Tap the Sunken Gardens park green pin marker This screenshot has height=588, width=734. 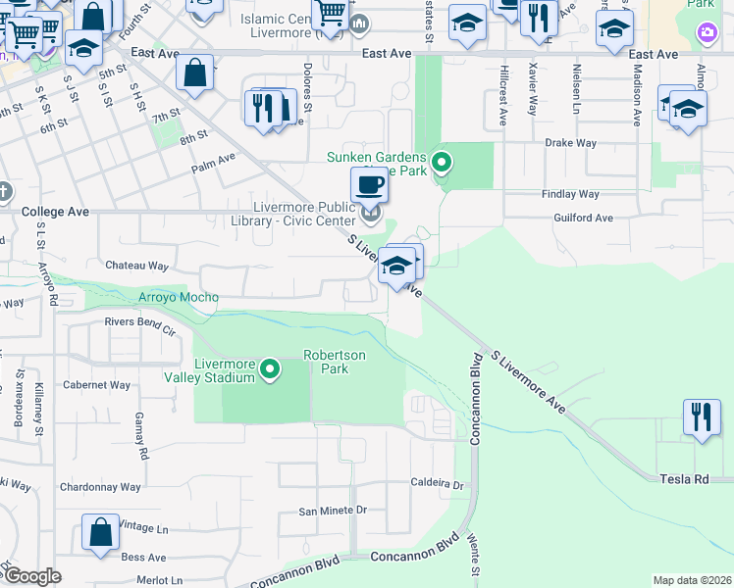(x=442, y=162)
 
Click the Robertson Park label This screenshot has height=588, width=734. (x=334, y=362)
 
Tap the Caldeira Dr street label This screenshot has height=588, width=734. (x=437, y=484)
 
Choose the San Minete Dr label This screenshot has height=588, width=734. (x=333, y=511)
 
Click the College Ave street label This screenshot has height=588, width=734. (x=55, y=211)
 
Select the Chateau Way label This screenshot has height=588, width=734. (x=137, y=266)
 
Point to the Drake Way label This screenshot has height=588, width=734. (x=571, y=143)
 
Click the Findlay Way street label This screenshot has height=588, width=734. (x=570, y=194)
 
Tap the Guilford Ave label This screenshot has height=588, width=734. (x=583, y=218)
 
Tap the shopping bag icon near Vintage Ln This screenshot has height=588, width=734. (x=101, y=533)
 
